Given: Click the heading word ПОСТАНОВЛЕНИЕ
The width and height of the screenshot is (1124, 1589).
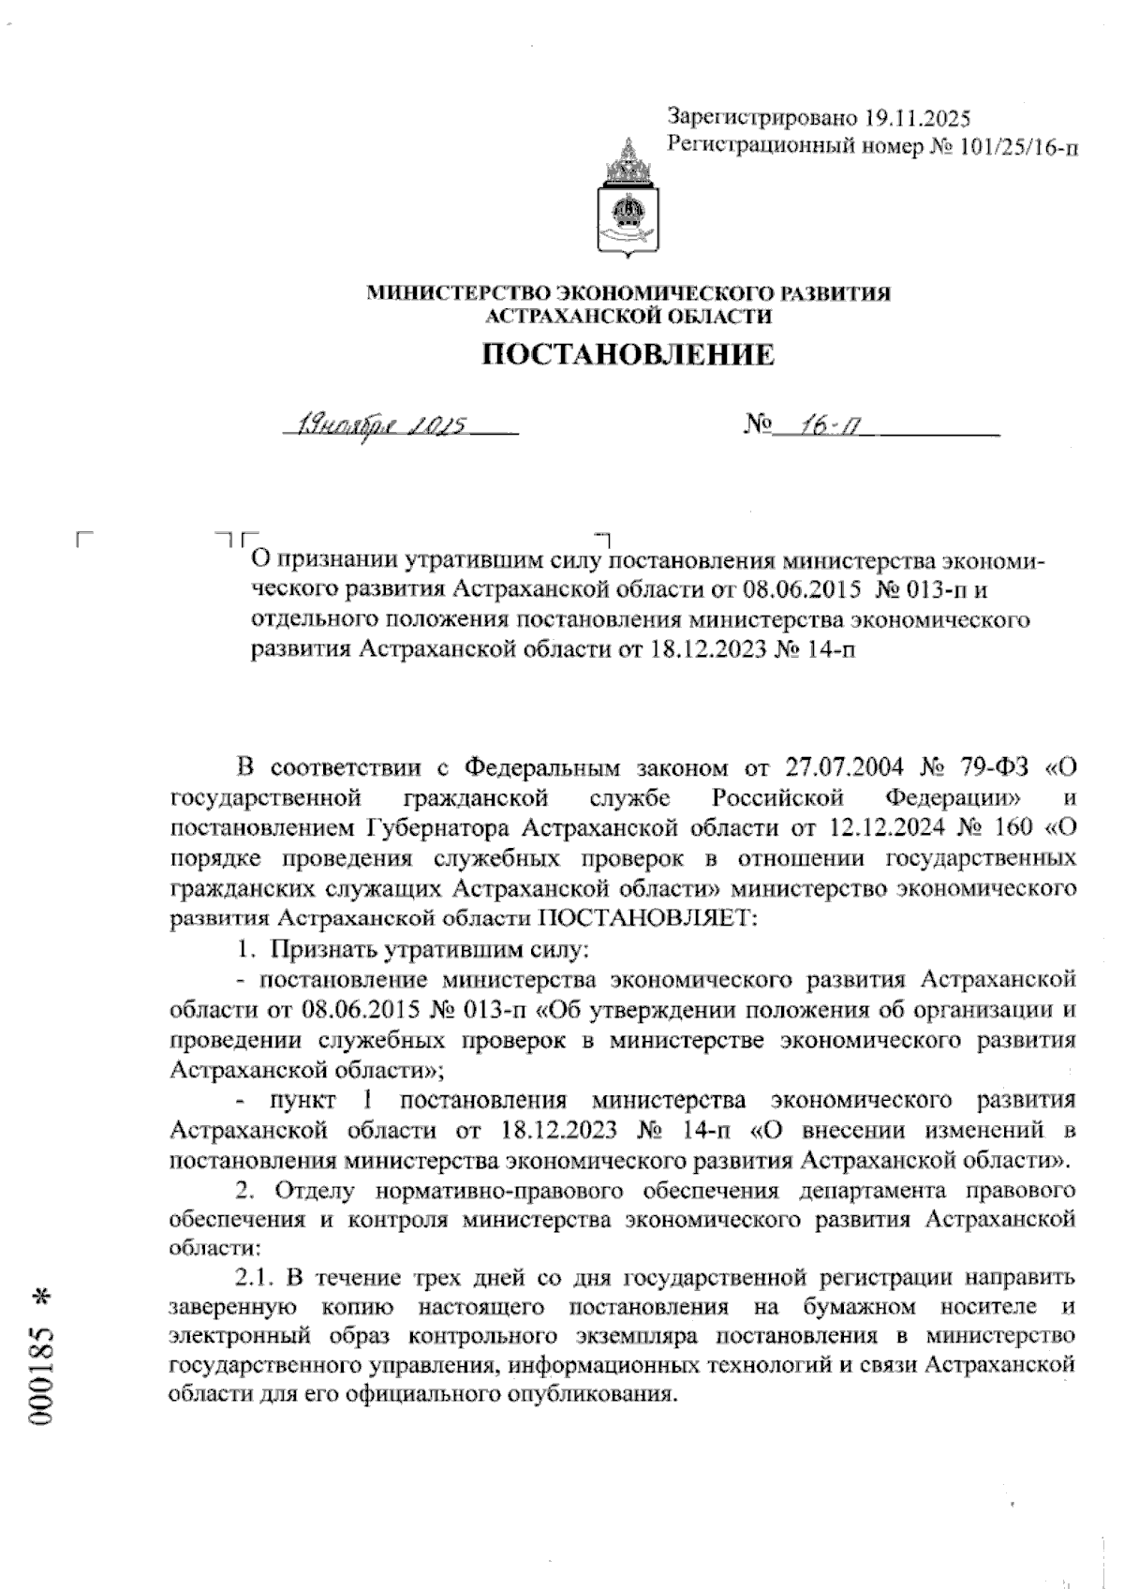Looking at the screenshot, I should [x=628, y=354].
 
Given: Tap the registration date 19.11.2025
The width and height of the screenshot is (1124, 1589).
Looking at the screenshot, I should [x=918, y=119].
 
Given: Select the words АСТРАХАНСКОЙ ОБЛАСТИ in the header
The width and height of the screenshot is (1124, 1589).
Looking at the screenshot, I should [x=628, y=317].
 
